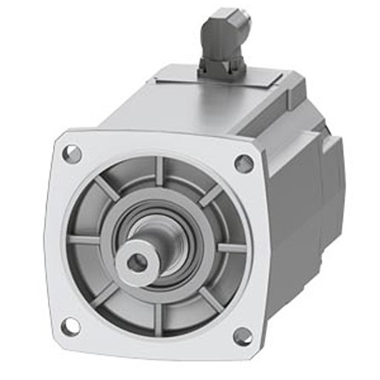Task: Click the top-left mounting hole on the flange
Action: [x=72, y=155]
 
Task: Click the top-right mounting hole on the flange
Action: [x=244, y=163]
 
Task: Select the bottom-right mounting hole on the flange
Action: [x=242, y=335]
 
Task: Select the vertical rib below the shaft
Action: [x=154, y=315]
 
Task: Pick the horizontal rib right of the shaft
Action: [x=229, y=248]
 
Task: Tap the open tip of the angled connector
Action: [x=241, y=19]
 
